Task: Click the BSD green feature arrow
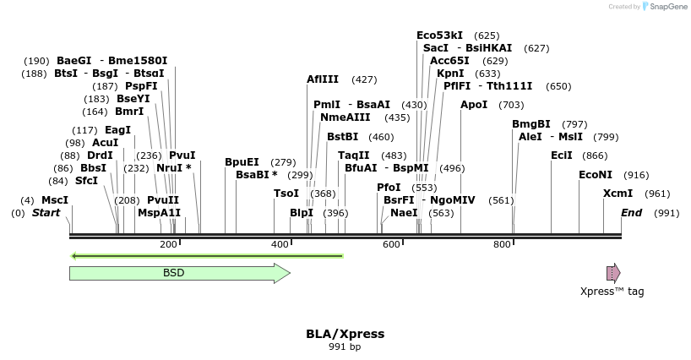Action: point(179,273)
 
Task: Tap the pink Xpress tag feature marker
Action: point(613,272)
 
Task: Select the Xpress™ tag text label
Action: point(612,292)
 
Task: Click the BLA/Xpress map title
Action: point(345,334)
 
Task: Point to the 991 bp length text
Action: point(345,346)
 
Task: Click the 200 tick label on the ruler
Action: point(168,244)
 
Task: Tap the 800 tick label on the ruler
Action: point(503,244)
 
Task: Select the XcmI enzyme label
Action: point(618,194)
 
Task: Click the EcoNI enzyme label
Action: point(596,175)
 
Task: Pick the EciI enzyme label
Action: point(562,155)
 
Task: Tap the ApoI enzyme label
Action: point(474,105)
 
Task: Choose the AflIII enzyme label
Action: point(323,79)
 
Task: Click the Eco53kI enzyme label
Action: point(440,35)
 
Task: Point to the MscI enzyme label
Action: point(55,200)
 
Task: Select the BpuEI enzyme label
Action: point(242,162)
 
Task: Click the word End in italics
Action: point(632,213)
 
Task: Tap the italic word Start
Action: point(46,213)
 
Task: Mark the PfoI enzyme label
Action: point(389,188)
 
